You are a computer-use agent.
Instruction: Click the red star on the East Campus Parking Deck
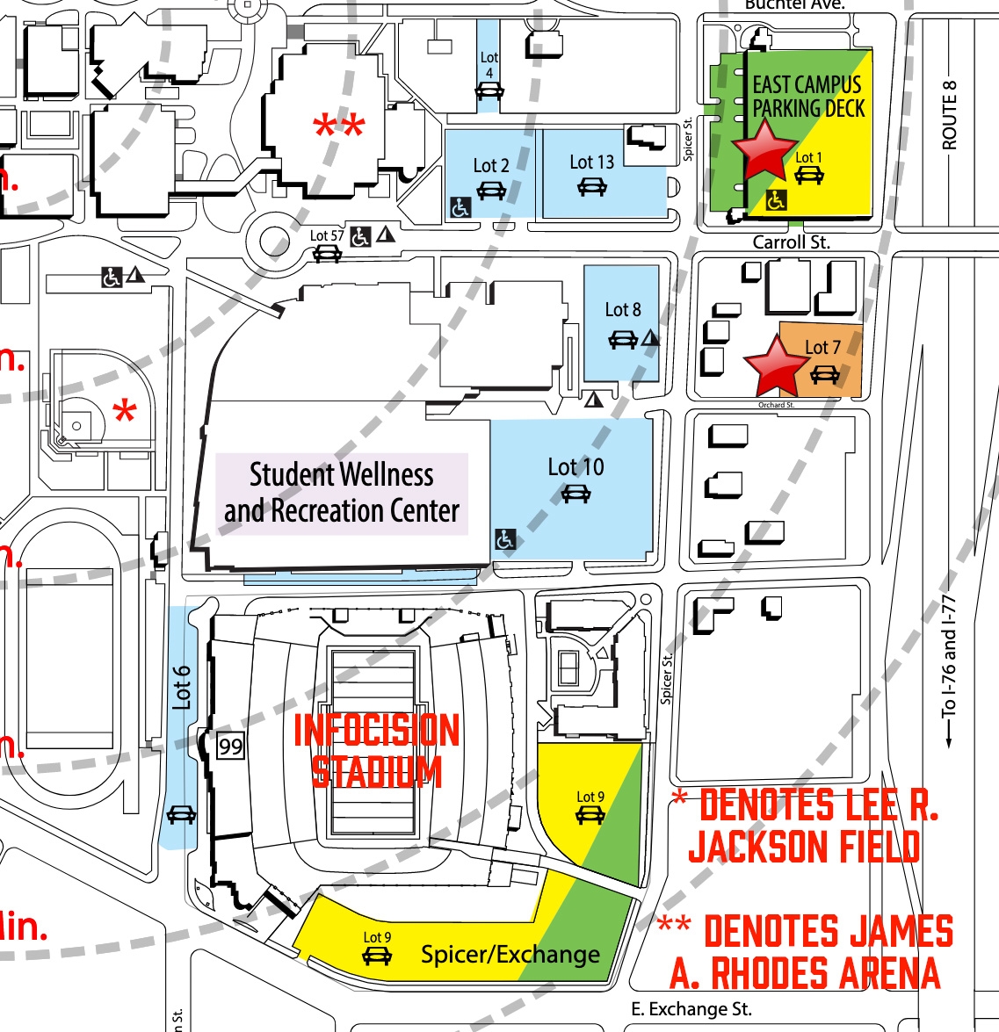[764, 150]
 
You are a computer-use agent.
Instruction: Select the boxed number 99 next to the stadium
[230, 747]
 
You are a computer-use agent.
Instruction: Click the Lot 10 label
[576, 467]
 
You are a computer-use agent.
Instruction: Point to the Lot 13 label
[591, 162]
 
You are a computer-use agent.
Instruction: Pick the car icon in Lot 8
[623, 339]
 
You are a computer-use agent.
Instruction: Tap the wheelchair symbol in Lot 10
[505, 539]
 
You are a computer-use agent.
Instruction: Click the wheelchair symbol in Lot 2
[460, 208]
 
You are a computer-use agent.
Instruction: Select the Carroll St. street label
[791, 242]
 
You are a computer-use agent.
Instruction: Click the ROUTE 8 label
[950, 114]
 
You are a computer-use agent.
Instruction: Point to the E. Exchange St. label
[691, 1009]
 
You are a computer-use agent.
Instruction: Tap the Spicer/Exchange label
[510, 955]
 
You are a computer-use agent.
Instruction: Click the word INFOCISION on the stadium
[376, 730]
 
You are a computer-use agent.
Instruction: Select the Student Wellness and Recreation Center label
[342, 493]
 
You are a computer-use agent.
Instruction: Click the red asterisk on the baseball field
[125, 411]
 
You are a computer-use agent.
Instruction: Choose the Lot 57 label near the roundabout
[326, 235]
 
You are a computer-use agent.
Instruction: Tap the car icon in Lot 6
[181, 814]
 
